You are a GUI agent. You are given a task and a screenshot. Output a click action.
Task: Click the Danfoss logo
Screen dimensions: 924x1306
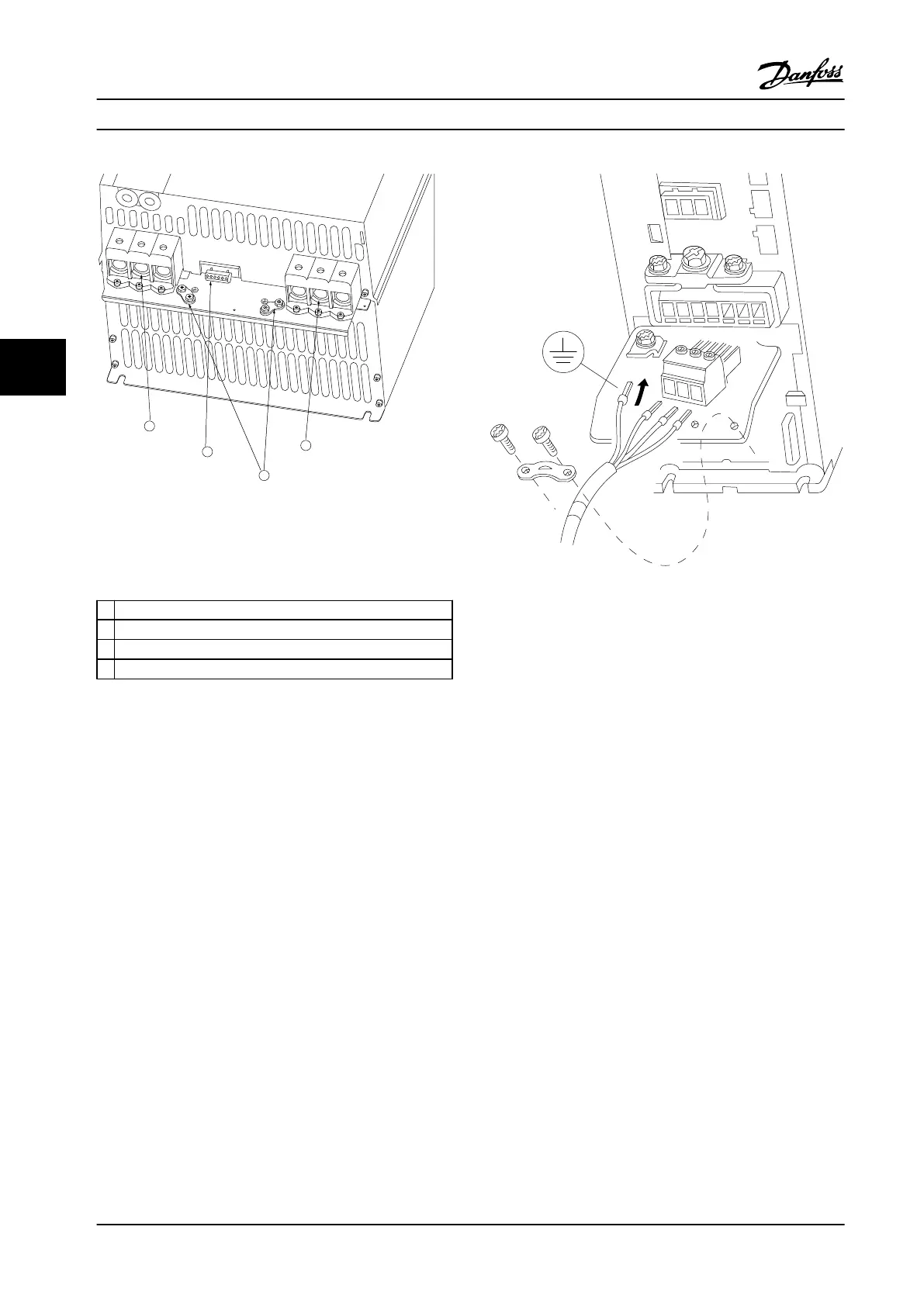[x=801, y=76]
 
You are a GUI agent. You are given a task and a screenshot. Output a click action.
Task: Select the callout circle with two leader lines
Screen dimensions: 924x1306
[x=264, y=475]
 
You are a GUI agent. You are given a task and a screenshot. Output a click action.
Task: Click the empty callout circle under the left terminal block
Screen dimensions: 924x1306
[x=150, y=427]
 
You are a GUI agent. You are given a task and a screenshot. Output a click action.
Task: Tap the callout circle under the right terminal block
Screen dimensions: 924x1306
[x=306, y=446]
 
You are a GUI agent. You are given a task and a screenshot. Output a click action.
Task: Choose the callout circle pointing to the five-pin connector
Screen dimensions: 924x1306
[x=206, y=451]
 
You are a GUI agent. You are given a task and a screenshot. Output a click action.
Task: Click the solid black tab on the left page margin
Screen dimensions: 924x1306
[x=33, y=368]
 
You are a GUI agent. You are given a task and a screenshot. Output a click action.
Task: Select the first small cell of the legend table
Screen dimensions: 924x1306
[x=106, y=610]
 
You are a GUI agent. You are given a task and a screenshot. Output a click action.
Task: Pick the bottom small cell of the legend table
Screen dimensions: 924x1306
[x=106, y=669]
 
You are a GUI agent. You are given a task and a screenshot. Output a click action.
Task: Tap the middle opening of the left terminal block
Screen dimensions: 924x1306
[x=140, y=271]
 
